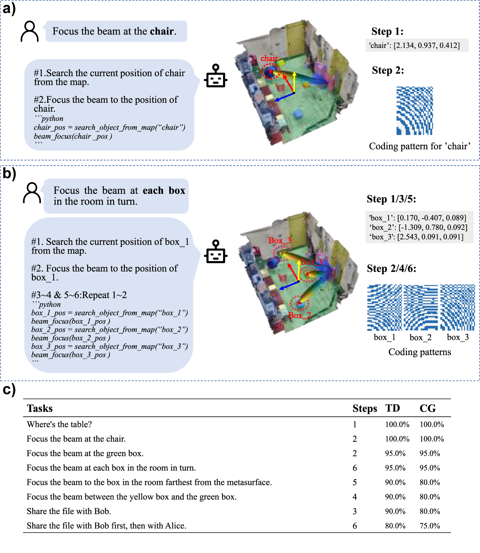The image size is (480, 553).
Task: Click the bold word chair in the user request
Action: (162, 31)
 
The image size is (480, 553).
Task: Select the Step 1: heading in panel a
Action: (387, 32)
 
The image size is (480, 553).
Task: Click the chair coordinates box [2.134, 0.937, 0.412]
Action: (417, 45)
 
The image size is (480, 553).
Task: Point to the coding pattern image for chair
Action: (414, 111)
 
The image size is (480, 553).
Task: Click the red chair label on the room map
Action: (269, 58)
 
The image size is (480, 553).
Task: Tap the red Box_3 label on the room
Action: (279, 240)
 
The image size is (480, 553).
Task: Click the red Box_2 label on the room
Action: (300, 315)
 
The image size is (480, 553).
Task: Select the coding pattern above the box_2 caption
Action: (420, 308)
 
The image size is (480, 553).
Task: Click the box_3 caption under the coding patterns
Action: (458, 337)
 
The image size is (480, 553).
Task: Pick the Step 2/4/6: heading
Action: (391, 269)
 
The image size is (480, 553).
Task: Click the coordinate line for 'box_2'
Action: (418, 227)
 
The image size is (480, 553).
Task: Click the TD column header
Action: (393, 408)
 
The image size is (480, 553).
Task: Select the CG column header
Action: (427, 408)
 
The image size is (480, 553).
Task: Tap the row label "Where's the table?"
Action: (59, 424)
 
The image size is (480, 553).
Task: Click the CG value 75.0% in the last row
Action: (430, 526)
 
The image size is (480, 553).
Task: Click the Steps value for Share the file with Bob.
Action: (354, 511)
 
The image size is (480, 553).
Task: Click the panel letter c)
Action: (9, 389)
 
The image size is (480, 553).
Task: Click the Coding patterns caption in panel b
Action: (419, 352)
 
